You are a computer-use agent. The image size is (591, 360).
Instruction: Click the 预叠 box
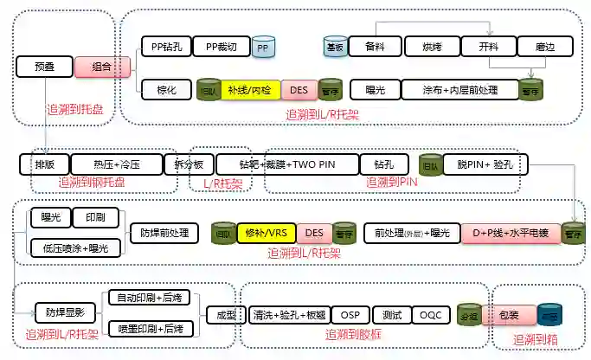pyautogui.click(x=44, y=66)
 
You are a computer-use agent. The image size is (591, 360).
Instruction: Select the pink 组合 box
pyautogui.click(x=102, y=66)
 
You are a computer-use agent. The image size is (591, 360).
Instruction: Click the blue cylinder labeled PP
pyautogui.click(x=262, y=48)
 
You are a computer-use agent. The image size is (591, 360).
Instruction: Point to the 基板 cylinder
pyautogui.click(x=335, y=47)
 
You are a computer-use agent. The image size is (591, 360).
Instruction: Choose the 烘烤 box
pyautogui.click(x=434, y=47)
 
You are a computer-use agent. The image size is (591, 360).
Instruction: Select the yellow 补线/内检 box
pyautogui.click(x=249, y=88)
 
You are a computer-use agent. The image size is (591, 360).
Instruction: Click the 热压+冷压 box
pyautogui.click(x=117, y=164)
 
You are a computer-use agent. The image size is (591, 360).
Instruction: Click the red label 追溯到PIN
pyautogui.click(x=392, y=182)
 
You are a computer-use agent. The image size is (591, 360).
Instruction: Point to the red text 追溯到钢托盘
pyautogui.click(x=92, y=183)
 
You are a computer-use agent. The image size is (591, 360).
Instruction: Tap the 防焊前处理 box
pyautogui.click(x=164, y=233)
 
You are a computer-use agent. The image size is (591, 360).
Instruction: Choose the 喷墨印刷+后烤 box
pyautogui.click(x=148, y=329)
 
